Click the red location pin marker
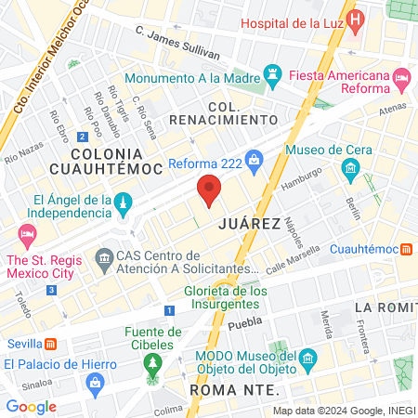209,190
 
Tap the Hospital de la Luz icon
353,21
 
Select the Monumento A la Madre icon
272,72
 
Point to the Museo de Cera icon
351,168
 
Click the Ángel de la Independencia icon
122,202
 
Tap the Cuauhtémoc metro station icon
407,249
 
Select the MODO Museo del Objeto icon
308,359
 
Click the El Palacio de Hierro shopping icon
94,383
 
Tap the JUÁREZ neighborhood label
250,224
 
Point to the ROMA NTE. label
227,389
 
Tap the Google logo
32,406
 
